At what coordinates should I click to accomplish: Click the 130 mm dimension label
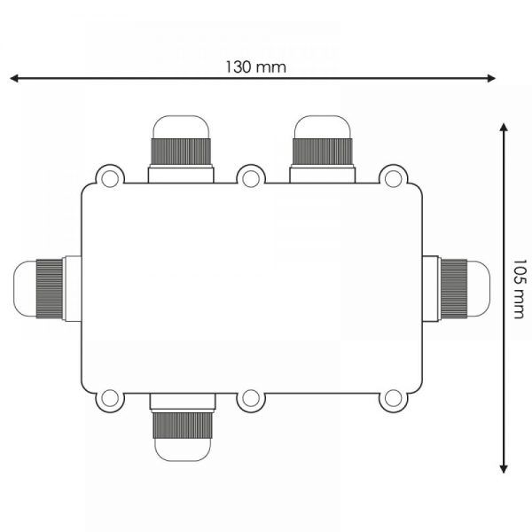[256, 67]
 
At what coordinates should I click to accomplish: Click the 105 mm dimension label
[519, 289]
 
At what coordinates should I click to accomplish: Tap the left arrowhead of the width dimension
[14, 79]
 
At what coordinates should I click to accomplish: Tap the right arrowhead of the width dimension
[491, 79]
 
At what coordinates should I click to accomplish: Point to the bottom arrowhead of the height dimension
[504, 469]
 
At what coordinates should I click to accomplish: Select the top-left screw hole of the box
[110, 179]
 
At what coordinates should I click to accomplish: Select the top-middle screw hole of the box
[251, 179]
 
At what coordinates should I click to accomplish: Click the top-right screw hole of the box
[393, 179]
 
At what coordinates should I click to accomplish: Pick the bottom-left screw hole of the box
[110, 398]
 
